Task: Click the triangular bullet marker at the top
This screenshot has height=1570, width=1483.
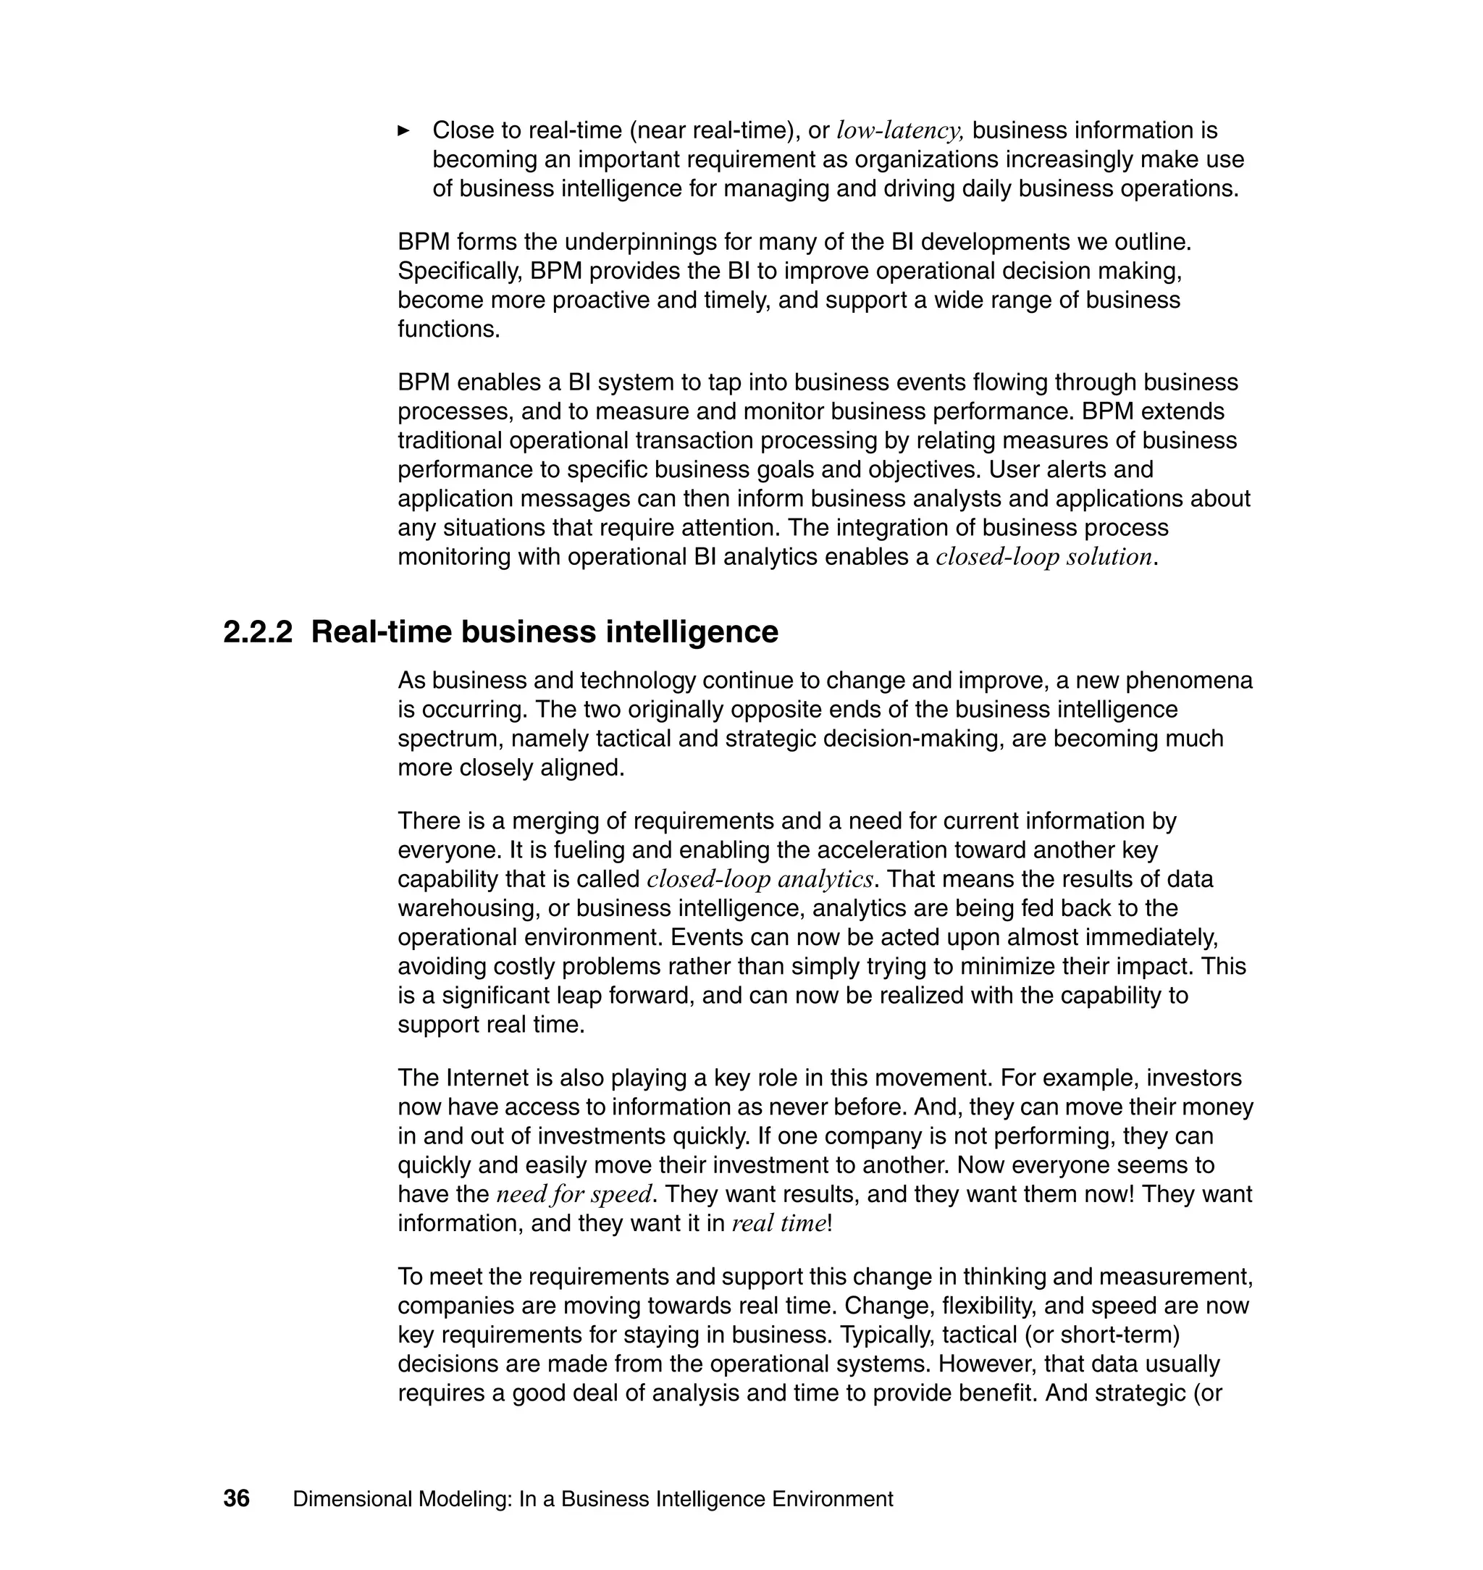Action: [403, 130]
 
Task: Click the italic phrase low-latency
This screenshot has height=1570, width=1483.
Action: [899, 130]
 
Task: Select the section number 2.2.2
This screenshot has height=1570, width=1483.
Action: [258, 632]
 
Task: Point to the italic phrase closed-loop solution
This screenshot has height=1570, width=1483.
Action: [1043, 558]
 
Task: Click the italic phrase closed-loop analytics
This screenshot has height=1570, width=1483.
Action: [760, 879]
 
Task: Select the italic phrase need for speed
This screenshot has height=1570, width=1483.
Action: [574, 1194]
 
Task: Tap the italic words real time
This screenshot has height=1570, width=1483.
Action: [778, 1224]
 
